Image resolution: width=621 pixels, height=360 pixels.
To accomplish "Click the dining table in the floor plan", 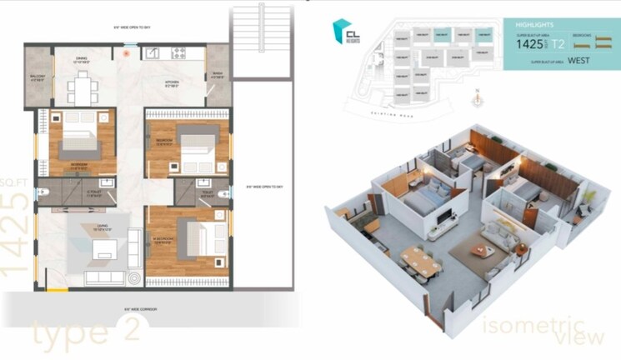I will (82, 85).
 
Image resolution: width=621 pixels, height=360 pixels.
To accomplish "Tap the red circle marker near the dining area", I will (125, 53).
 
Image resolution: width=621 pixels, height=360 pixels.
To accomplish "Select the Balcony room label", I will (38, 80).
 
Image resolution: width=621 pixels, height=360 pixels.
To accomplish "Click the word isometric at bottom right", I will (531, 322).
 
